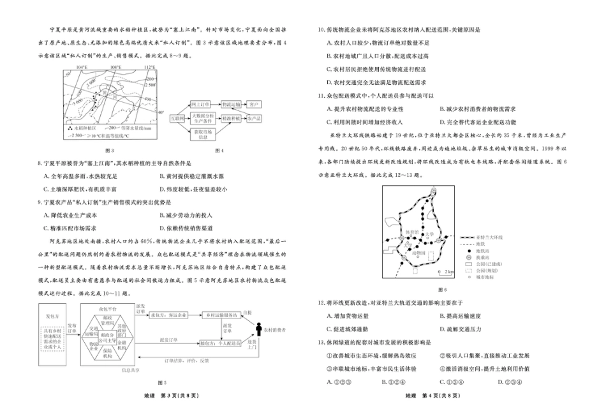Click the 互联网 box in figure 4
pyautogui.click(x=177, y=118)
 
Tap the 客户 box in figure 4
pyautogui.click(x=254, y=103)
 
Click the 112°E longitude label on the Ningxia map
pyautogui.click(x=149, y=66)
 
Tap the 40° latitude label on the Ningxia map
pyautogui.click(x=161, y=112)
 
